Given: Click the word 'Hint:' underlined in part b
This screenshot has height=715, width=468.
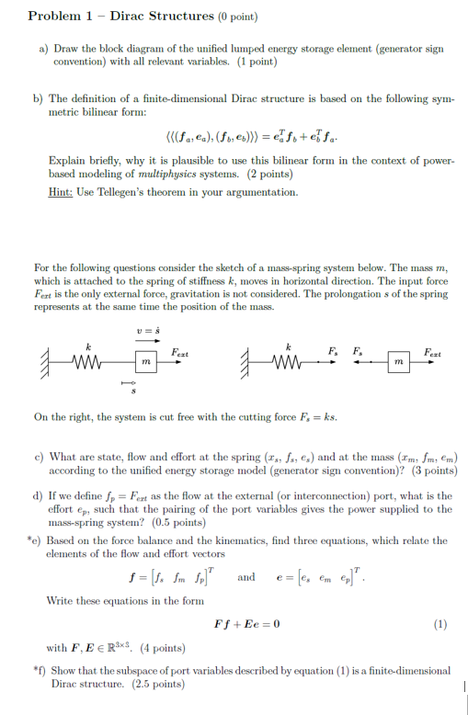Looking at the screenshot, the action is [63, 191].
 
